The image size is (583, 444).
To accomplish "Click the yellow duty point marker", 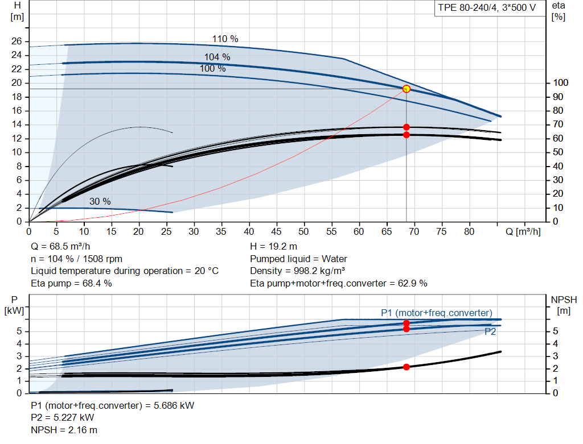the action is [407, 89].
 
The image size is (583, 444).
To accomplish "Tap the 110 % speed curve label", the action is [225, 39].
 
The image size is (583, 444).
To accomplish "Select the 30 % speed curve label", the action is [100, 202].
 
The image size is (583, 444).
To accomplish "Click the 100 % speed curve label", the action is [213, 69].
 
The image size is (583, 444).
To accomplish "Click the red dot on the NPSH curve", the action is [407, 367].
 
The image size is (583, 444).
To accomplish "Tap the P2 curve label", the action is [490, 332].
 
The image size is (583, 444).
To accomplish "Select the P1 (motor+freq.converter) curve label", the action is [437, 313].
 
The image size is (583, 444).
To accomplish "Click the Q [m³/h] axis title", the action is [523, 231].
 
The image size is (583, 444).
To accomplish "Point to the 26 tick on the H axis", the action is [17, 41].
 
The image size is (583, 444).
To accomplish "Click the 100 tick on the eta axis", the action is [560, 83].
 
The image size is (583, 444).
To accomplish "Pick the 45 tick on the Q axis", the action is [276, 231].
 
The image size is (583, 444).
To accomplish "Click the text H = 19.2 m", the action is [274, 247].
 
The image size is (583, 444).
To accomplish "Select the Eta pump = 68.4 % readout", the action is [71, 284].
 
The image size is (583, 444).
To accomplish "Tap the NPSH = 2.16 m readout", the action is [64, 430].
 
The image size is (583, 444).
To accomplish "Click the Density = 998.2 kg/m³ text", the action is [297, 271].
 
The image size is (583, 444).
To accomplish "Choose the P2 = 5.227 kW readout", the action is [63, 418].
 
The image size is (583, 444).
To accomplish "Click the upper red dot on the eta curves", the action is [407, 127].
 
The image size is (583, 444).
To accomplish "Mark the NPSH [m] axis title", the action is [564, 305].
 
